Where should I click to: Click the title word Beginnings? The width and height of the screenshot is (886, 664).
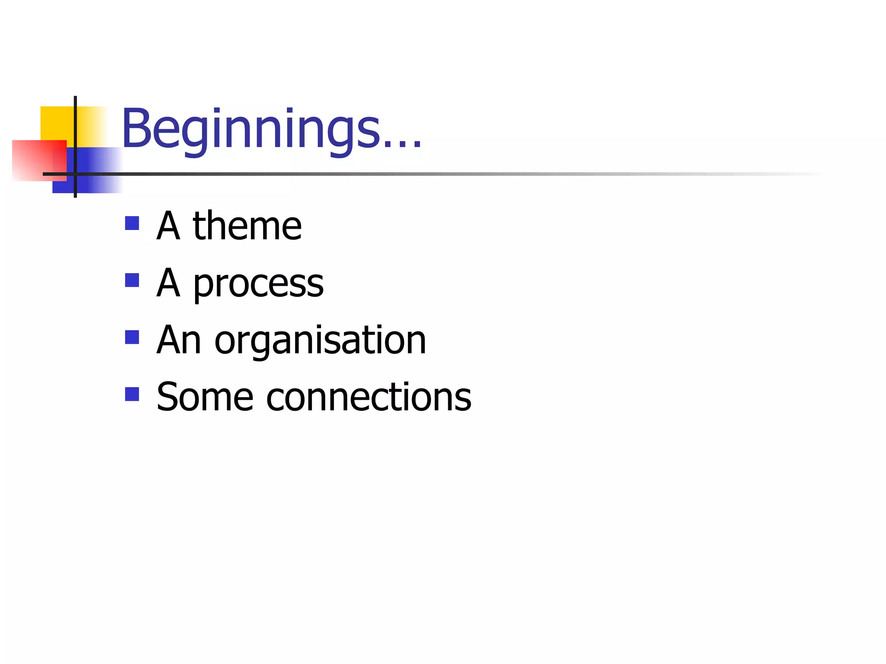tap(251, 130)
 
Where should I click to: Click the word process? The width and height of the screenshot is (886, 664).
tap(258, 284)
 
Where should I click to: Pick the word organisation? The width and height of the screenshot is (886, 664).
tap(320, 341)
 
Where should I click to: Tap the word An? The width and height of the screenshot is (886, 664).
tap(179, 341)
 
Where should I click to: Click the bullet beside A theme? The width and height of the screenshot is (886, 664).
tap(132, 223)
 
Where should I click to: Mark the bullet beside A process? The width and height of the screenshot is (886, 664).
tap(132, 281)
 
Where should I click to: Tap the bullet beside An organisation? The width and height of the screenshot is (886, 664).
tap(132, 337)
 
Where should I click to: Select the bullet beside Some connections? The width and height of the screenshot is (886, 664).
tap(132, 394)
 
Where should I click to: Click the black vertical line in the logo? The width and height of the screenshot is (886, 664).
tap(75, 108)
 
